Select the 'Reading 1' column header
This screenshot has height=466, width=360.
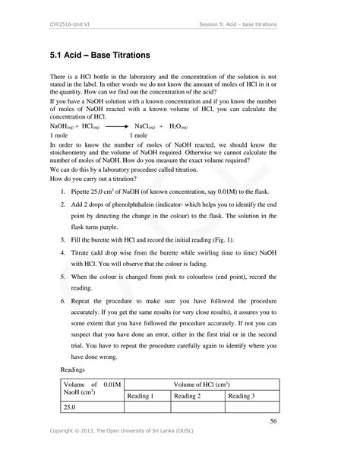[141, 396]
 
